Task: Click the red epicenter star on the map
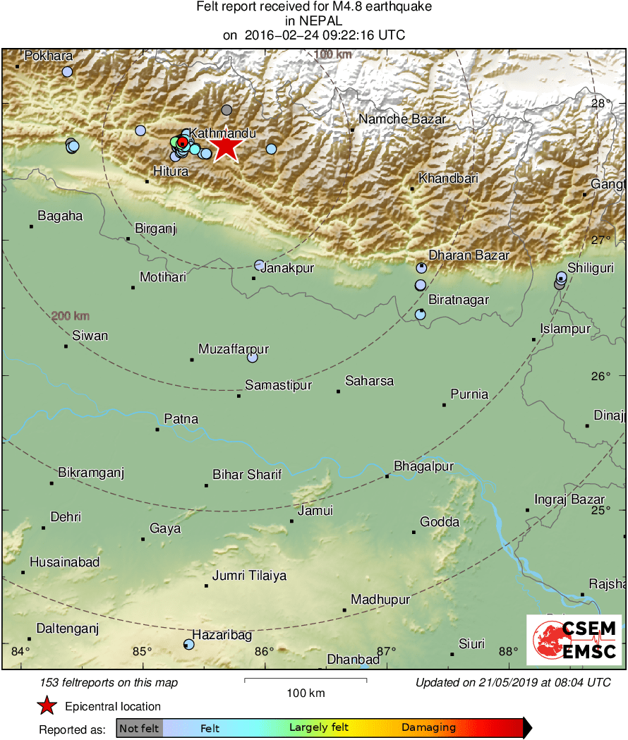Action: pos(225,147)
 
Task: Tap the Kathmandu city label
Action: pos(222,133)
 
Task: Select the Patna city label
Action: pos(181,419)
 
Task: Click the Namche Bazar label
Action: pos(402,119)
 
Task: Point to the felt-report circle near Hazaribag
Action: pos(188,644)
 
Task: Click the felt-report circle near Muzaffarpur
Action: pos(252,358)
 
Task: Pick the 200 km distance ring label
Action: pos(71,316)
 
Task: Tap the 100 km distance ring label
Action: pos(333,54)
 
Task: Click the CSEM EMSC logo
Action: pos(574,639)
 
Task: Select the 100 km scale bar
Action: pos(306,680)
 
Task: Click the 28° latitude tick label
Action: pos(601,104)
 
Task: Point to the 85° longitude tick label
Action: pos(143,651)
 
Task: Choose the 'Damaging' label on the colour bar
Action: pos(428,727)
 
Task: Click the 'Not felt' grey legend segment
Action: pos(139,727)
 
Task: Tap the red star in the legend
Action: pos(47,705)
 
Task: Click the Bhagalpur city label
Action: pos(423,466)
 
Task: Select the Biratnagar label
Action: pos(459,300)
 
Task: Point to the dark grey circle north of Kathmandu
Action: pos(227,109)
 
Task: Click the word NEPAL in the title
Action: pos(313,21)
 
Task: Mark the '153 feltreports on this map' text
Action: pos(109,682)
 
